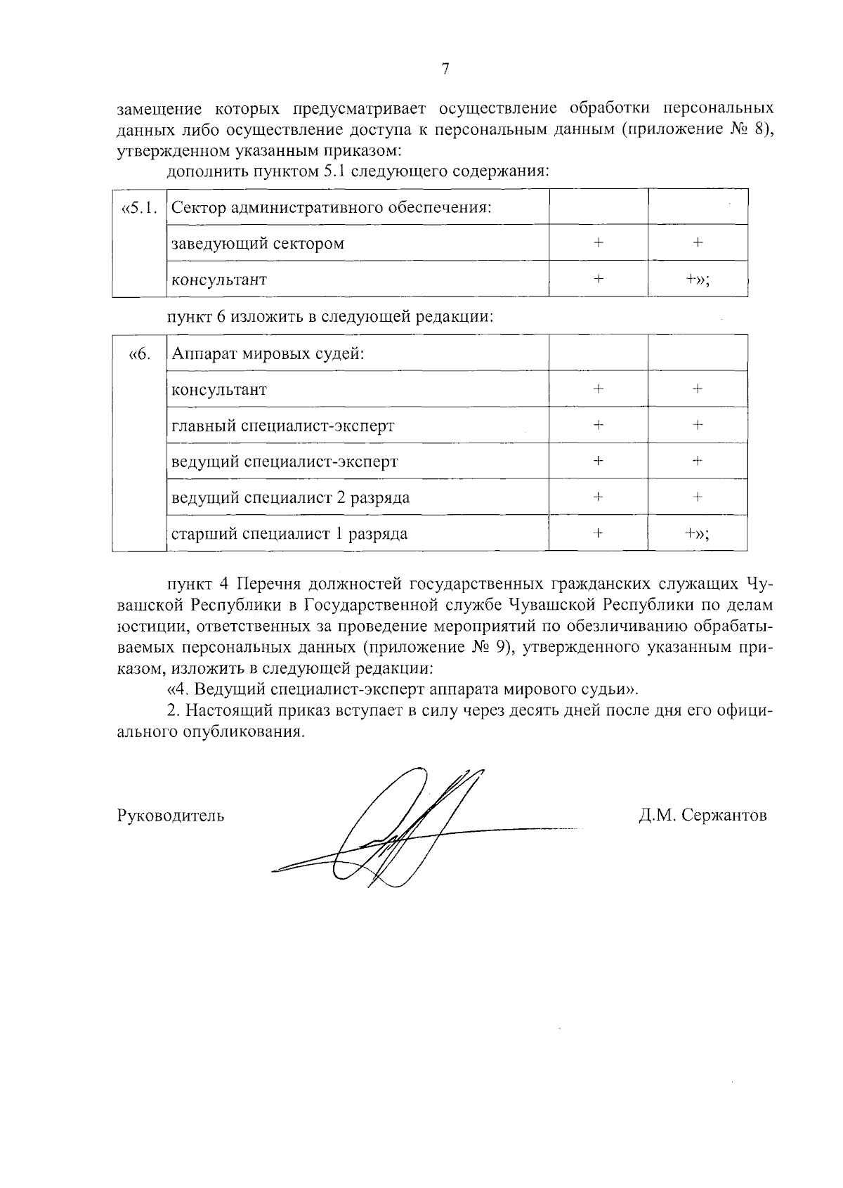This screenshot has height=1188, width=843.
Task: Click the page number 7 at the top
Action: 445,69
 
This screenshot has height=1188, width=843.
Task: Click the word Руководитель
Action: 170,816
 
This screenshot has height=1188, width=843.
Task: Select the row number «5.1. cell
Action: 139,208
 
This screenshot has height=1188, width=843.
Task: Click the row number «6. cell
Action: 139,353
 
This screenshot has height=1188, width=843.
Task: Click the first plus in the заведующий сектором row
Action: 598,243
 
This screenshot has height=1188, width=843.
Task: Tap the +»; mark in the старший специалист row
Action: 697,534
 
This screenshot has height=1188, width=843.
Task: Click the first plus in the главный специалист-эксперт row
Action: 598,425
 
